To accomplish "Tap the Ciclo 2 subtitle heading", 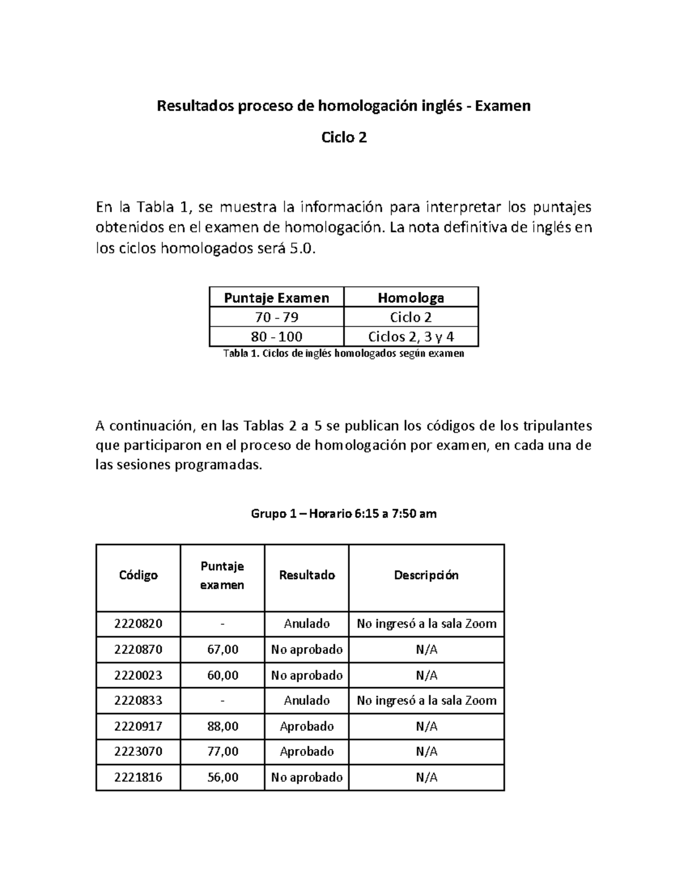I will (344, 138).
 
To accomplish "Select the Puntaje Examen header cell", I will (276, 298).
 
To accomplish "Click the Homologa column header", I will (411, 298).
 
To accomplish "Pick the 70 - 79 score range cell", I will (276, 317).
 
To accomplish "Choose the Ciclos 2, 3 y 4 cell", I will (411, 336).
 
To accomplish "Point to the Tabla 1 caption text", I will (343, 354).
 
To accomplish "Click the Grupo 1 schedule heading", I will (344, 513).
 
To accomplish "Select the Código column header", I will (138, 575).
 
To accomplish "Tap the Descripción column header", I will (426, 575).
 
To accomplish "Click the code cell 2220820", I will (138, 624).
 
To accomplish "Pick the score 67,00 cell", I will (222, 649).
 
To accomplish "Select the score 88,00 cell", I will (222, 726).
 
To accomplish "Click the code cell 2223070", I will (138, 751).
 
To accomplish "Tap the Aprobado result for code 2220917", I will (307, 726).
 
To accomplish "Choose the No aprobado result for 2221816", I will (307, 777).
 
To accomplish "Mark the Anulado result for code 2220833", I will (307, 700).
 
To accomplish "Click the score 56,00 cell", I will (222, 777).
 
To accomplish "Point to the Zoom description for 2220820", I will (426, 624).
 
